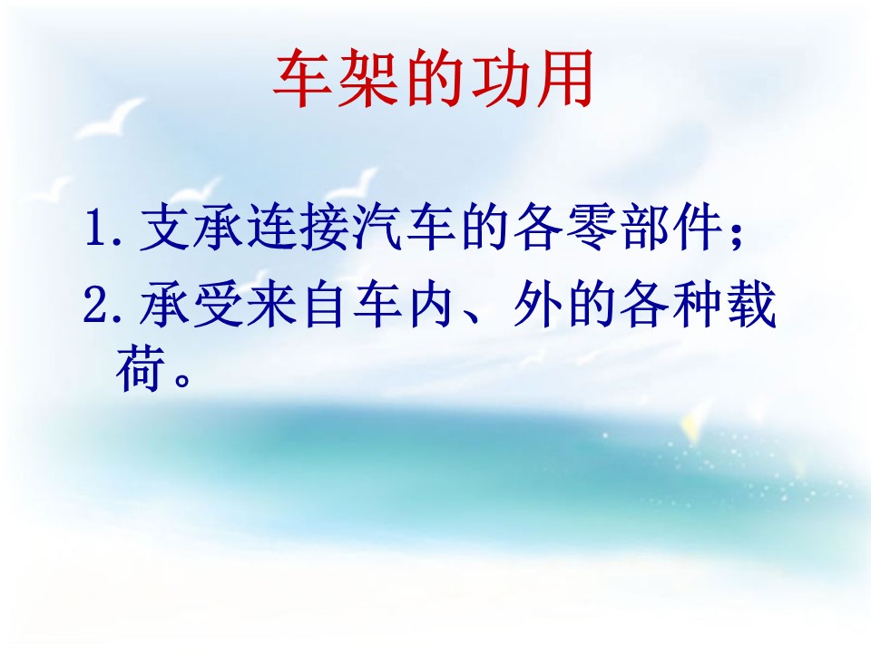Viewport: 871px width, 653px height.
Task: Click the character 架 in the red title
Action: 369,78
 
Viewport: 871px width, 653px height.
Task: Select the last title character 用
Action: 563,78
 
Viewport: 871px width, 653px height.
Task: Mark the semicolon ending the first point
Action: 737,233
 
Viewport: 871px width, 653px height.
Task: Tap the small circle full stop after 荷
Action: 182,379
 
